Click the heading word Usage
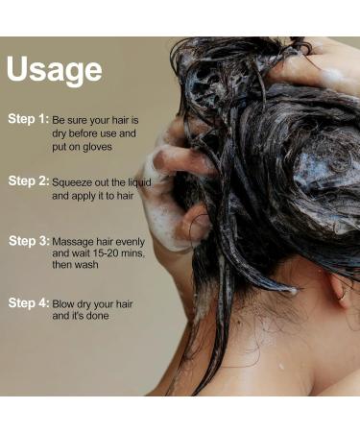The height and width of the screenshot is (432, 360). coord(54,70)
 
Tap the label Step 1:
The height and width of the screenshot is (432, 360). coord(28,119)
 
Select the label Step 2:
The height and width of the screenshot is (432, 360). coord(28,180)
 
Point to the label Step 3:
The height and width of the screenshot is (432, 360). coord(28,240)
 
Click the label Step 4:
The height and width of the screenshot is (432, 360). coord(28,302)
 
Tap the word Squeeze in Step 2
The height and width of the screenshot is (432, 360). coord(71,180)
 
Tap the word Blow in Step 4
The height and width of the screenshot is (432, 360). coord(64,302)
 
